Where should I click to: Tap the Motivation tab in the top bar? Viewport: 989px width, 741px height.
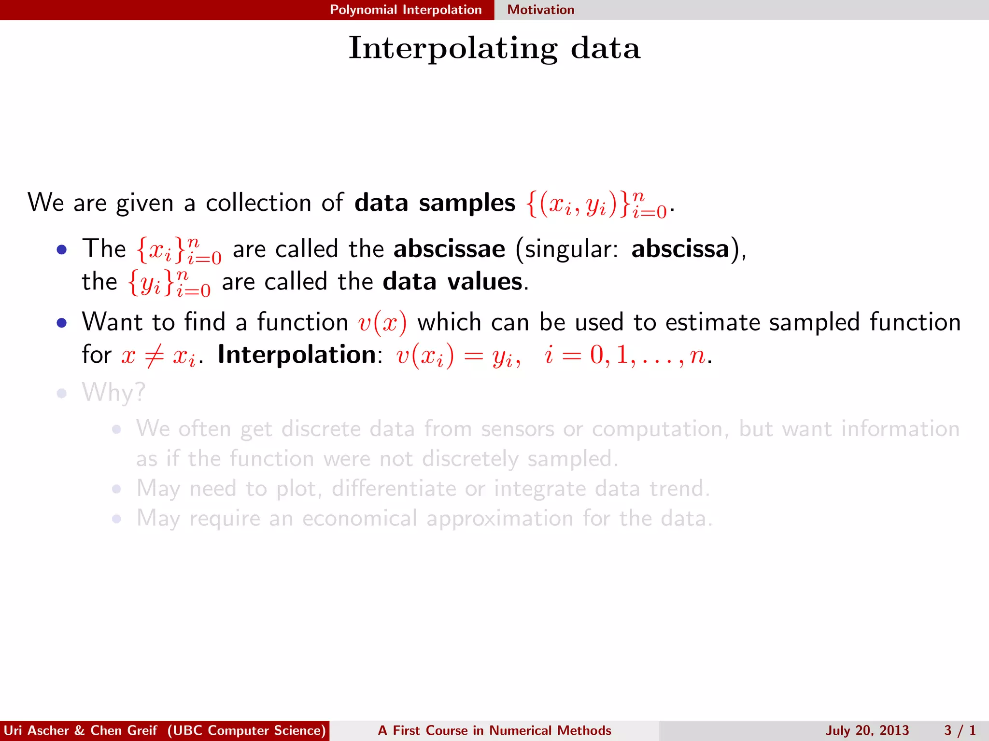[x=540, y=10]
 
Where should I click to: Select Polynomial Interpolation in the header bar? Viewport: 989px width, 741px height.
[x=406, y=10]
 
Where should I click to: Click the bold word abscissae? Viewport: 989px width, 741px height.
[x=449, y=249]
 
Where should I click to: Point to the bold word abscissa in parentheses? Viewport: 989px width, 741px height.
[x=680, y=249]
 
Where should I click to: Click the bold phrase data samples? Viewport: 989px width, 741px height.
[x=435, y=203]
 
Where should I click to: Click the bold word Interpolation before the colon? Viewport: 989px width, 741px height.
[x=297, y=355]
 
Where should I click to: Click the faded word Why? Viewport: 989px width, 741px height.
[x=113, y=392]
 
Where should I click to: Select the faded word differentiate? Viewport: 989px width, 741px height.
[x=393, y=489]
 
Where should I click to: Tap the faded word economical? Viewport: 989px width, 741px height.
[x=359, y=519]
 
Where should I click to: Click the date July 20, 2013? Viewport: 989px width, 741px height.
[x=867, y=730]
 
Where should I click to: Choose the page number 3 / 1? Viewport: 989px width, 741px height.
[x=960, y=730]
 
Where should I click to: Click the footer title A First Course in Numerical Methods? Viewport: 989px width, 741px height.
[x=494, y=730]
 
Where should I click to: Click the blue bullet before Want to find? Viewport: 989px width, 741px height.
[x=61, y=323]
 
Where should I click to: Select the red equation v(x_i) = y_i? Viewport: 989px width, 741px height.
[x=458, y=356]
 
